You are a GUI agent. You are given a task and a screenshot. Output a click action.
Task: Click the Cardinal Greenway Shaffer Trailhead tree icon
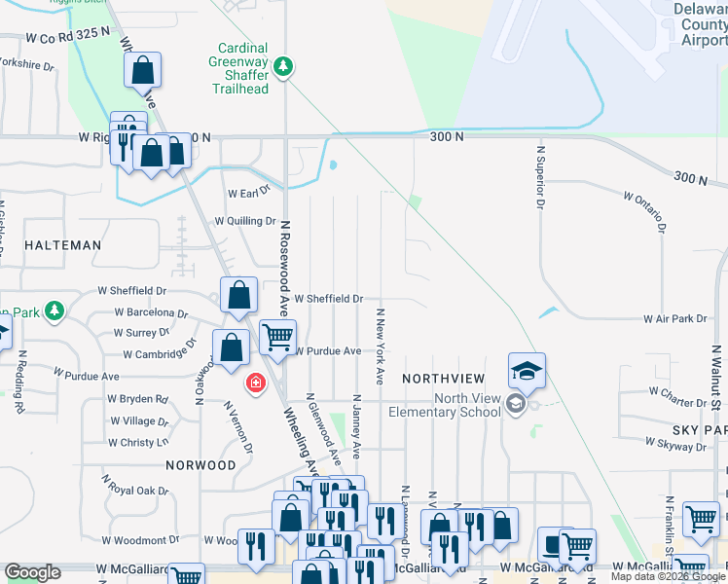283,66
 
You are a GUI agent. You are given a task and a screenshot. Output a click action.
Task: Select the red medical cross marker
256,384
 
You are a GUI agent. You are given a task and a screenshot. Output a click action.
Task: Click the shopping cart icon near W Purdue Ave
278,337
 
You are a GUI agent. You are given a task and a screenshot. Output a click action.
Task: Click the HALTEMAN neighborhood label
62,245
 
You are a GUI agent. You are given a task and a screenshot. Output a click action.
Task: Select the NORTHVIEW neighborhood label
443,378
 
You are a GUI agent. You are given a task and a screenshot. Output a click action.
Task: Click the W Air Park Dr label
673,319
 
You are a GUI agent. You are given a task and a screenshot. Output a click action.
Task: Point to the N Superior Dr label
537,177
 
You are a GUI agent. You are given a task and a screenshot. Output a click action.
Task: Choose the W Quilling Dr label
246,221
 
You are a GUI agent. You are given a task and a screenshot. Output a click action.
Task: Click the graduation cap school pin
527,371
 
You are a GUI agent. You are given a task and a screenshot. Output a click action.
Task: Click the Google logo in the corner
32,573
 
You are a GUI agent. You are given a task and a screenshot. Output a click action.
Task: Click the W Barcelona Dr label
150,312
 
